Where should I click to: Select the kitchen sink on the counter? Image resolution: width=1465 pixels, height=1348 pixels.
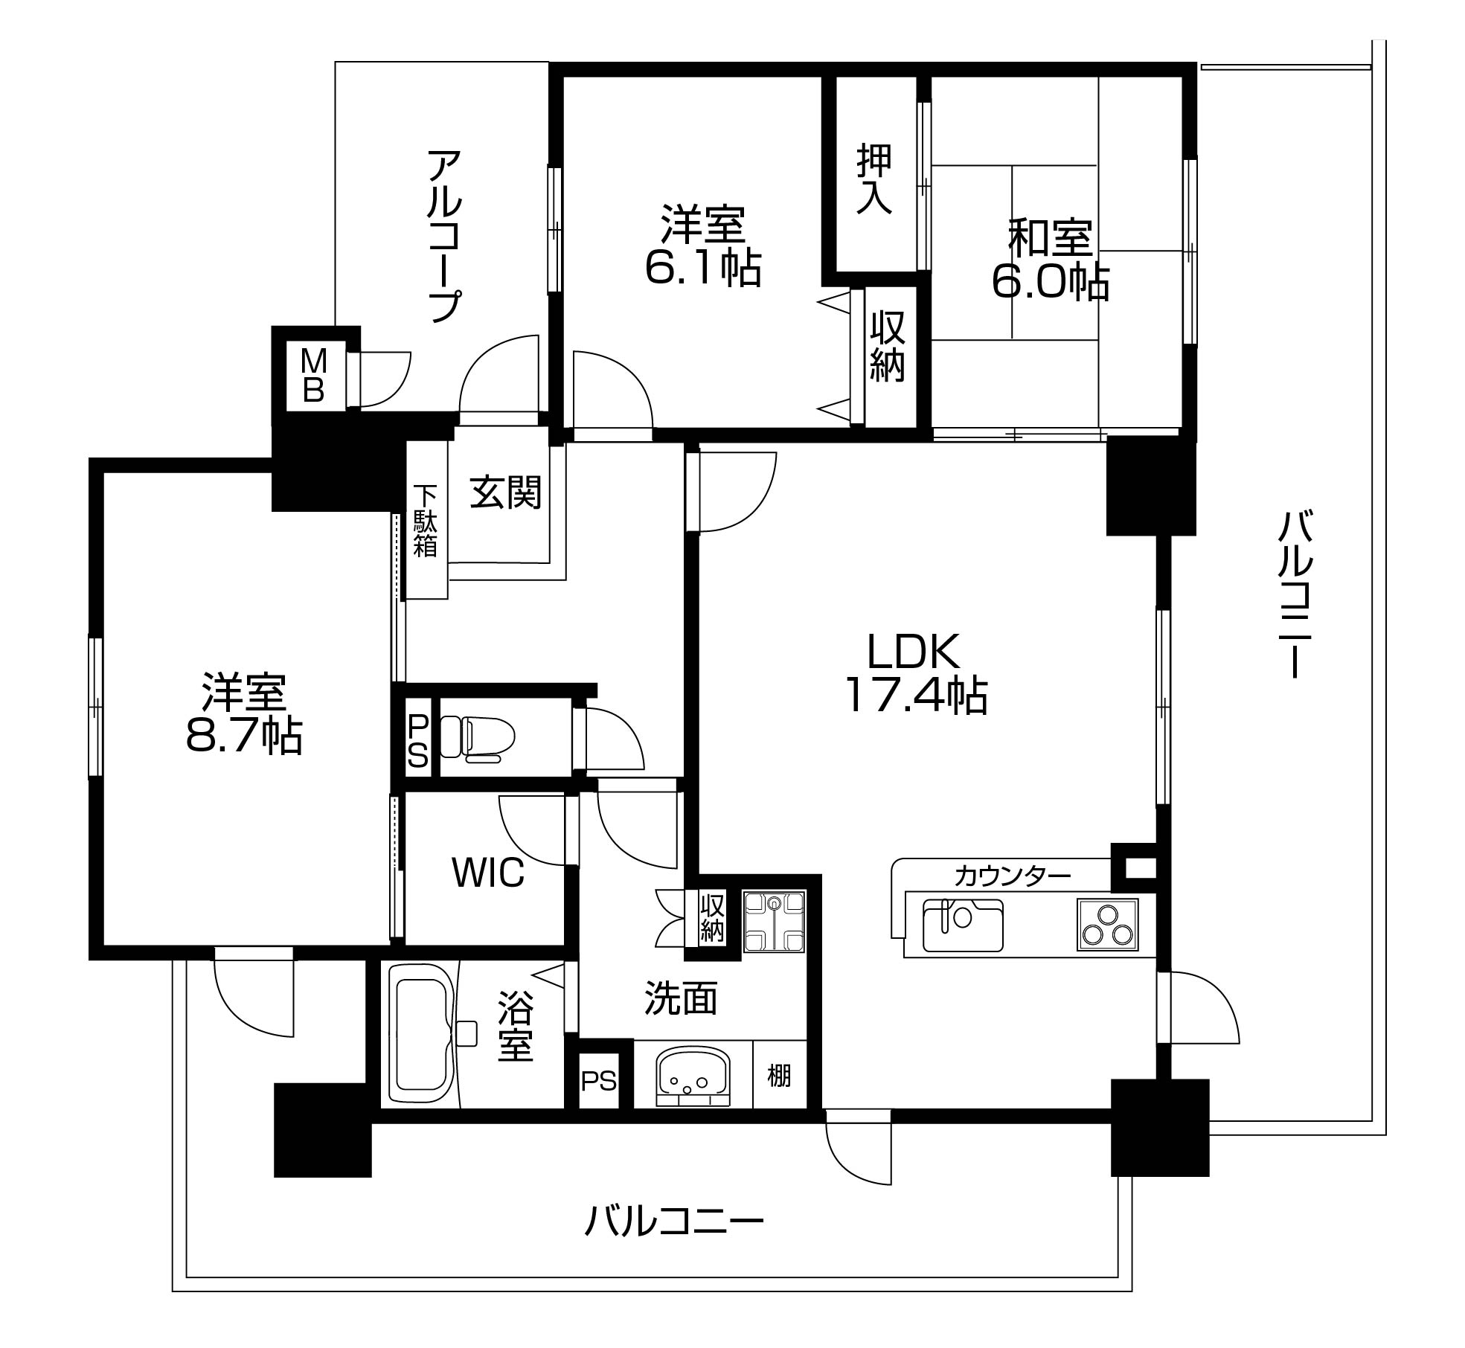click(962, 925)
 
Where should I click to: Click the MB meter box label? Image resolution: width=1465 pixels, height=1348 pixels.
click(314, 376)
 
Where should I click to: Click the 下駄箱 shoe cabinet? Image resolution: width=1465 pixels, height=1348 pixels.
click(426, 520)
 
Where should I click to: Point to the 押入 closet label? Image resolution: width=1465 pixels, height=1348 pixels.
click(874, 179)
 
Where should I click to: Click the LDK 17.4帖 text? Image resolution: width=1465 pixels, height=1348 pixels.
click(914, 673)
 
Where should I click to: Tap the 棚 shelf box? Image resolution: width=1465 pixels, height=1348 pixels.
click(779, 1075)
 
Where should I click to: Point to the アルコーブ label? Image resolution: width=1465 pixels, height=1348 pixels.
click(444, 236)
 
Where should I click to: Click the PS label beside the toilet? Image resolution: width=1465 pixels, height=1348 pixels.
click(417, 740)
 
